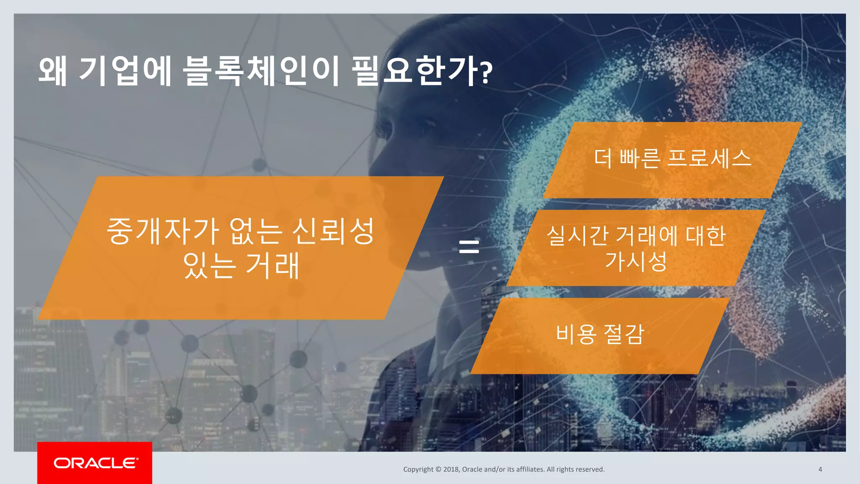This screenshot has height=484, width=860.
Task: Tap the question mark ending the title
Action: pos(486,72)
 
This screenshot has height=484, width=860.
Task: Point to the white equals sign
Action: pos(469,246)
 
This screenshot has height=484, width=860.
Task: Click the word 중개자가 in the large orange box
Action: pos(163,231)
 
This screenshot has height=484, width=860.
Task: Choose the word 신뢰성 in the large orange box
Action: pos(333,231)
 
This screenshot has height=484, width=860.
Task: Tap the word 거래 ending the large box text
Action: pos(272,266)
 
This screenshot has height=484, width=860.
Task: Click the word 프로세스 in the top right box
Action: pos(709,158)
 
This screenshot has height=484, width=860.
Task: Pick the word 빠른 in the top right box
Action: pos(639,158)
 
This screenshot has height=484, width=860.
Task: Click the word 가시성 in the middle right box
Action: pos(636,261)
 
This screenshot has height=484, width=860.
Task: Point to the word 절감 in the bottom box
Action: pos(624,334)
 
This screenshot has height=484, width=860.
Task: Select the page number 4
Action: pos(820,469)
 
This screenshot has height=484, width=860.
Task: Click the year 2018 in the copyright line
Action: pos(451,469)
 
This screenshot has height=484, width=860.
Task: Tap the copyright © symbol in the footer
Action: pos(438,469)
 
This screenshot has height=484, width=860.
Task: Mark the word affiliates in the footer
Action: pos(530,469)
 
